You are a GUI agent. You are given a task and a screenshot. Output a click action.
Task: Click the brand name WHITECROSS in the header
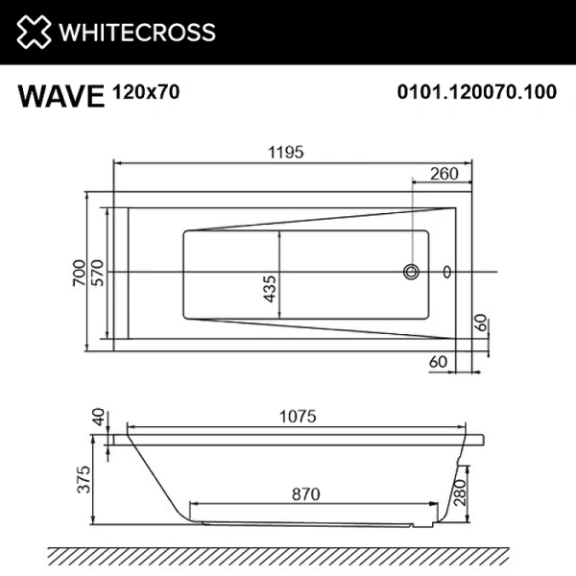pos(138,32)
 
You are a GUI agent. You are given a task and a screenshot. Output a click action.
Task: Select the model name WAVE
pos(60,97)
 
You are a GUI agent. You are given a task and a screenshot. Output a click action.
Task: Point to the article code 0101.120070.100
pos(476,93)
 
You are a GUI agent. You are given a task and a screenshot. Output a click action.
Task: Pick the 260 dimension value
pos(443,174)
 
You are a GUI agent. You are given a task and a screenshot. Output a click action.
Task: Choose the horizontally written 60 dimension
pos(440,362)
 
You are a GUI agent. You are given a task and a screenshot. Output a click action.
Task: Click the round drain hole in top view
pos(412,272)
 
